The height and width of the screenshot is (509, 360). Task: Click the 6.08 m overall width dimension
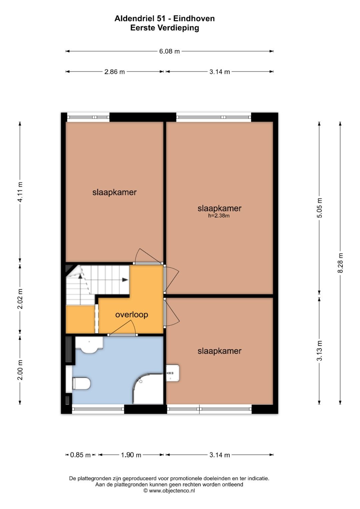click(169, 51)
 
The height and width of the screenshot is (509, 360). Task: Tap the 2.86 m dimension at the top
click(114, 72)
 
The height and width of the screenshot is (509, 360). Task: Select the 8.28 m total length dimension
click(340, 263)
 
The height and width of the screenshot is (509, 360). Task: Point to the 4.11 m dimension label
click(20, 192)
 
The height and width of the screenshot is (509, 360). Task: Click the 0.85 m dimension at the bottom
click(80, 455)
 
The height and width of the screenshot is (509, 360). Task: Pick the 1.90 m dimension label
click(131, 455)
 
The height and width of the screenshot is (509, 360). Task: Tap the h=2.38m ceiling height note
click(219, 216)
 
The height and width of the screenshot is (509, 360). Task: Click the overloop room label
click(132, 314)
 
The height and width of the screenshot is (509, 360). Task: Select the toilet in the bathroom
click(81, 383)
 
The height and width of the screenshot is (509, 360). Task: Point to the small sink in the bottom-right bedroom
click(173, 373)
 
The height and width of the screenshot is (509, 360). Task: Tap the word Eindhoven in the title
click(194, 19)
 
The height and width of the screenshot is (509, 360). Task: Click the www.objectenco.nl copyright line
click(169, 491)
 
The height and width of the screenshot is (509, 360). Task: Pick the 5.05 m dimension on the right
click(320, 208)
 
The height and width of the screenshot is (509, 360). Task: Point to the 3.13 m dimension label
click(320, 351)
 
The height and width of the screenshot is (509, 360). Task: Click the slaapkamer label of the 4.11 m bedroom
click(114, 192)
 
